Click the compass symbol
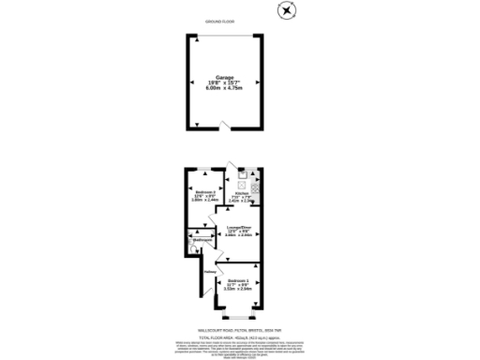pyautogui.click(x=286, y=10)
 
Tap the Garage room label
pyautogui.click(x=225, y=77)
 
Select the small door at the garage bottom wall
pyautogui.click(x=222, y=126)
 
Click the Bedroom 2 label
pyautogui.click(x=204, y=192)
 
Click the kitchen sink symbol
pyautogui.click(x=242, y=173)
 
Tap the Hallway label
pyautogui.click(x=209, y=274)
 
